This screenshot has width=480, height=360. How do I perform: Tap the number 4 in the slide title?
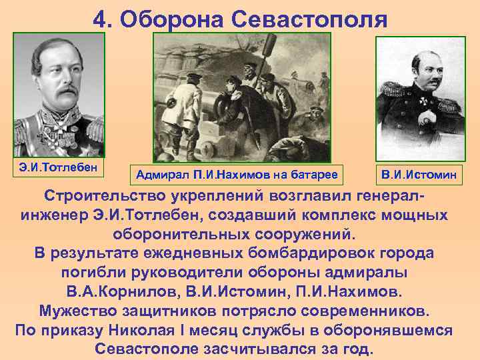point(99,19)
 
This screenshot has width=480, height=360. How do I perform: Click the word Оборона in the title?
point(171,19)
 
